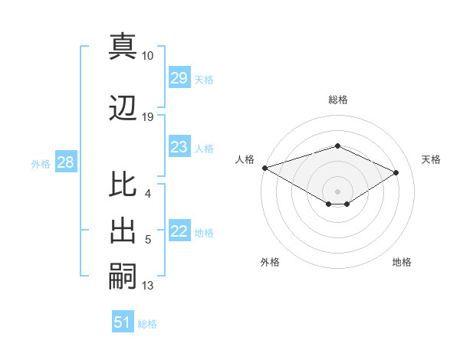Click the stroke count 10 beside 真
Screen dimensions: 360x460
(148, 56)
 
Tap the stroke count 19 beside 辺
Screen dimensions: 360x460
(148, 117)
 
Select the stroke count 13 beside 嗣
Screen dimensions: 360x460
(148, 286)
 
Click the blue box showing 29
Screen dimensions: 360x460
(179, 78)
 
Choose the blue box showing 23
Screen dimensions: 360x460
(179, 147)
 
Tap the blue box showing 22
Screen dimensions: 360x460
(179, 231)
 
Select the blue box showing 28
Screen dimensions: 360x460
(65, 162)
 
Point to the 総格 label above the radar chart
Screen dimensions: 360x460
(337, 100)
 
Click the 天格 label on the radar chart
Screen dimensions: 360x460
(431, 159)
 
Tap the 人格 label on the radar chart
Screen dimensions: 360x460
(245, 159)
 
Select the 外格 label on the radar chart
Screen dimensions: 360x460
(270, 262)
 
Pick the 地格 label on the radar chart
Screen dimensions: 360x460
(402, 262)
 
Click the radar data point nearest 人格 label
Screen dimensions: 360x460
(264, 168)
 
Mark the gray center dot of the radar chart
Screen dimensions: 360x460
(337, 191)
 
